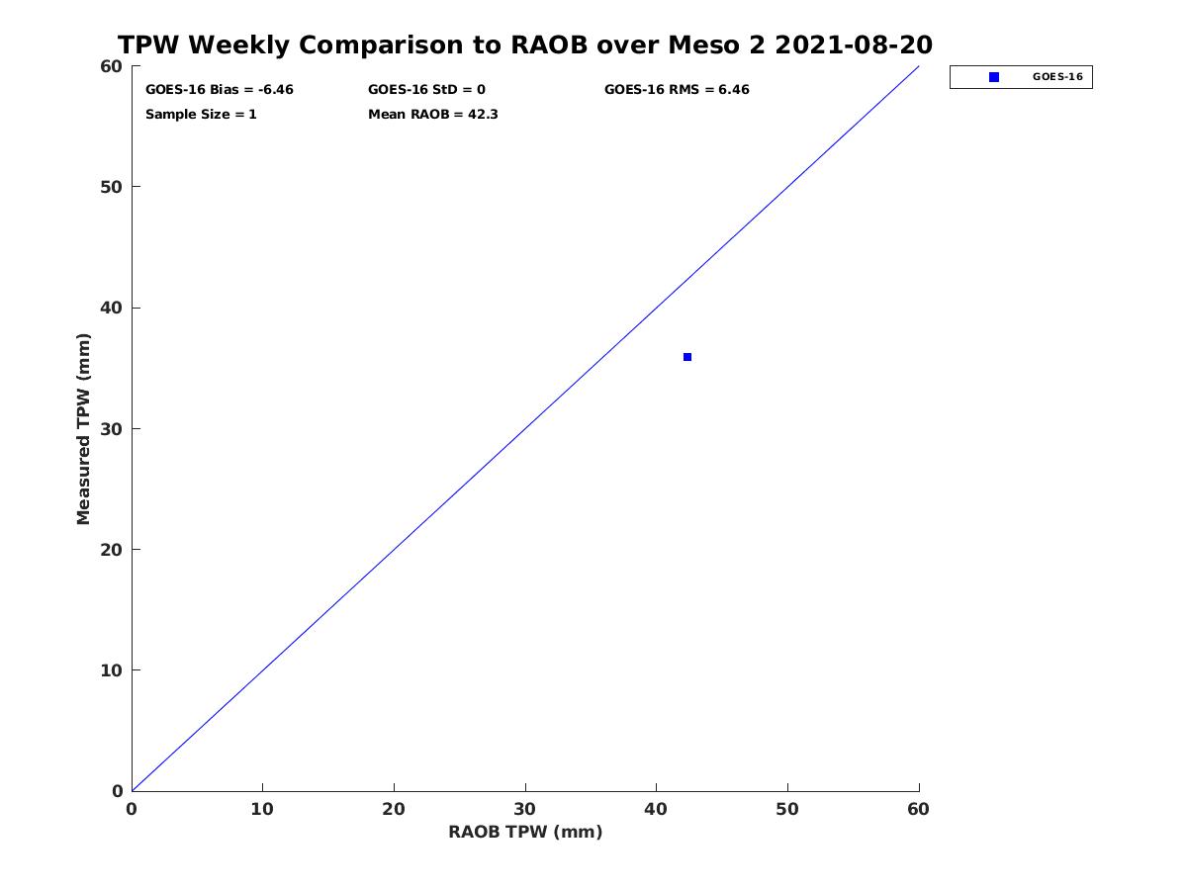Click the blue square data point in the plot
(x=687, y=357)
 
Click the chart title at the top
(x=525, y=44)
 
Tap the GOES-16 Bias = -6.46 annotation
(x=219, y=90)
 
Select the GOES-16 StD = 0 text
(x=426, y=90)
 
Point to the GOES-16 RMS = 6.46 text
(x=677, y=90)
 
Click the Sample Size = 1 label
(x=201, y=115)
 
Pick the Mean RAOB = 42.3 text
(x=433, y=115)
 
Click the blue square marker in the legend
(x=994, y=77)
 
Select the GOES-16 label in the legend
(x=1057, y=77)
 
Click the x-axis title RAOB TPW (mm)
(x=525, y=832)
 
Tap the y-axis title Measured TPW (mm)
(x=83, y=428)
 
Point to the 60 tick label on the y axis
(x=112, y=66)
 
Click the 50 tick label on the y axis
(x=112, y=187)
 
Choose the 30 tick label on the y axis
(x=112, y=429)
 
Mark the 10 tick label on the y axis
(x=112, y=670)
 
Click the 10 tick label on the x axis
(x=262, y=809)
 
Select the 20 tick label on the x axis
(x=394, y=809)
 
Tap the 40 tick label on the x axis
(x=656, y=809)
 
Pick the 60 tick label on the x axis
(x=918, y=809)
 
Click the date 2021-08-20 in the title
(x=854, y=44)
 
